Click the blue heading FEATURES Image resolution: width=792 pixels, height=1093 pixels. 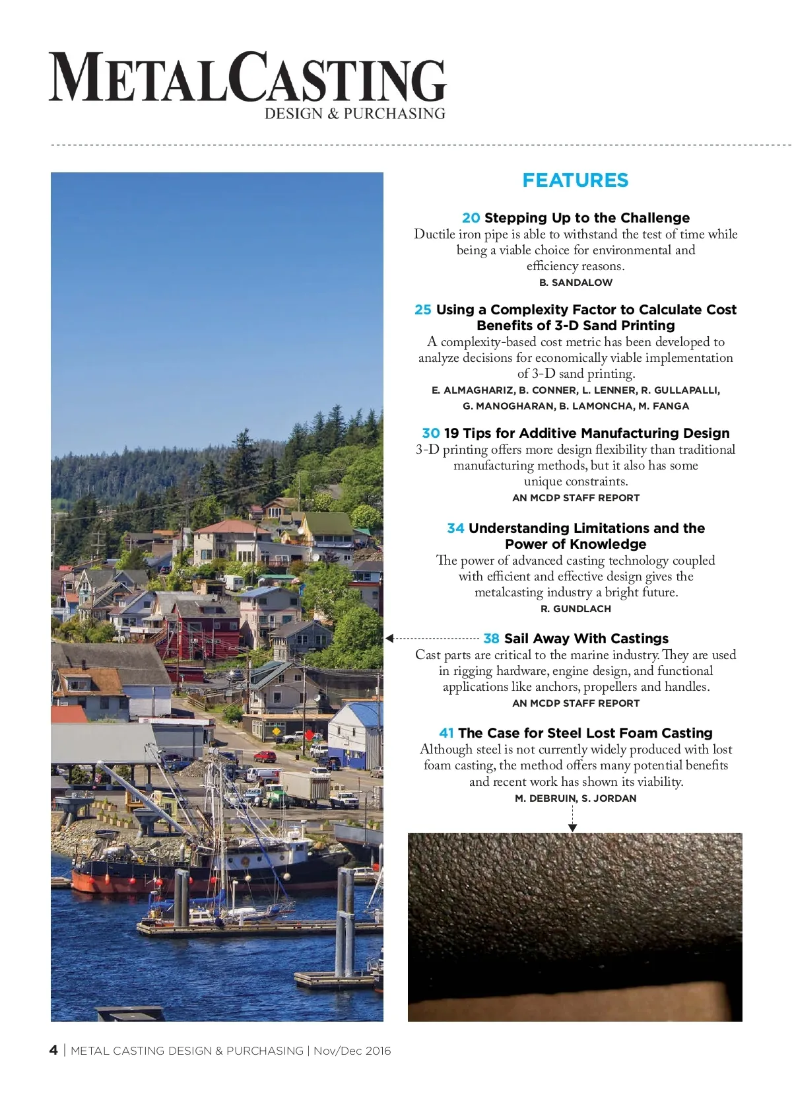pos(575,180)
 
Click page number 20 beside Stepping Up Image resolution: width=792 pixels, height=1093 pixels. pos(471,218)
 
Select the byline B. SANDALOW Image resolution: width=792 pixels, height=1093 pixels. pos(576,283)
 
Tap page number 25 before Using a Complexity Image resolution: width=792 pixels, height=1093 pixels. pos(423,310)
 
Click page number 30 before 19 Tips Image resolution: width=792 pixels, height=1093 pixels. pos(430,433)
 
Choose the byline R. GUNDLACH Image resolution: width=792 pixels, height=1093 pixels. pos(576,609)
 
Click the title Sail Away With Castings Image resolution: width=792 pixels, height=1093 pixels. pos(586,639)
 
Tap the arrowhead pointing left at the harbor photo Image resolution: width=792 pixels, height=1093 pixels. pos(389,639)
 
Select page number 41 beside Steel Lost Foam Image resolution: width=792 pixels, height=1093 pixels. pos(446,733)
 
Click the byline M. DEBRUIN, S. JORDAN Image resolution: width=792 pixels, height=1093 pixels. pos(576,798)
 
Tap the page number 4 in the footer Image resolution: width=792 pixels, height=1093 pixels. pos(53,1050)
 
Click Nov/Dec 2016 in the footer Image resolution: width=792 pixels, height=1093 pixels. pos(352,1051)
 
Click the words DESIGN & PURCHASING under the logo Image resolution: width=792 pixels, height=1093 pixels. pos(354,114)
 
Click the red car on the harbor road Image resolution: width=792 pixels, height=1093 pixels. pos(265,756)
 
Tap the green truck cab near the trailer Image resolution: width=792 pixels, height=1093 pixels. pos(275,792)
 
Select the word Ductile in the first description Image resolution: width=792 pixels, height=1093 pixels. pos(434,234)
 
